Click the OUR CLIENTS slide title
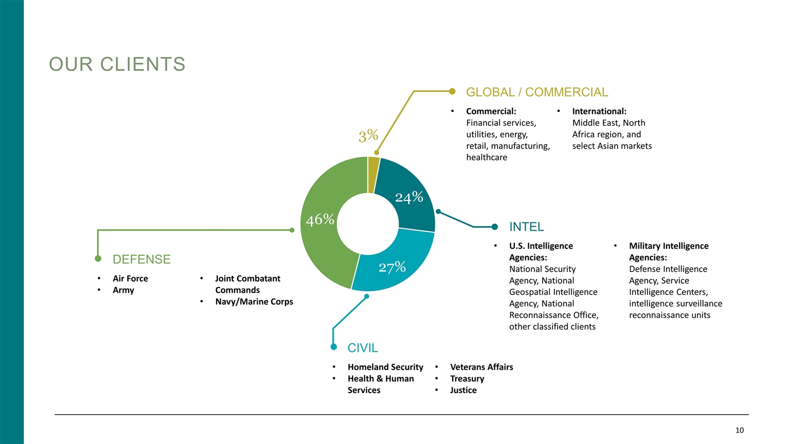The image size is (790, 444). click(117, 64)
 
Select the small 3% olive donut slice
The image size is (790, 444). click(373, 175)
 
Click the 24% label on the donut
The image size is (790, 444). click(409, 197)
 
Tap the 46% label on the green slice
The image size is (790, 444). click(320, 220)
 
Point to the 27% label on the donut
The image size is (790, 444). click(392, 267)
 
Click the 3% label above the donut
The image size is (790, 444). click(368, 136)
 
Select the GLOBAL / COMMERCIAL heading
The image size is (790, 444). click(536, 92)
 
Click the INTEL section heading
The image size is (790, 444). click(526, 227)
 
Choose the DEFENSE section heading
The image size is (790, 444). click(141, 260)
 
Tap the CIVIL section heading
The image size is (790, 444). click(363, 348)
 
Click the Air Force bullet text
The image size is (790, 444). click(130, 279)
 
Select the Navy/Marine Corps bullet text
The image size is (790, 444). click(254, 302)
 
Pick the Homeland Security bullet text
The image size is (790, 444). click(385, 367)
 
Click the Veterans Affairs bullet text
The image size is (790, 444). click(481, 367)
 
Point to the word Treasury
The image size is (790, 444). click(467, 379)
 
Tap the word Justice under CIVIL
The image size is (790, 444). click(463, 390)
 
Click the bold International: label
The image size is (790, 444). click(599, 111)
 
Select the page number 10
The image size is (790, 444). click(739, 430)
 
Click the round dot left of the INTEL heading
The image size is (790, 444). click(495, 227)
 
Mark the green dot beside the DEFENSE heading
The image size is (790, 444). click(98, 258)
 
